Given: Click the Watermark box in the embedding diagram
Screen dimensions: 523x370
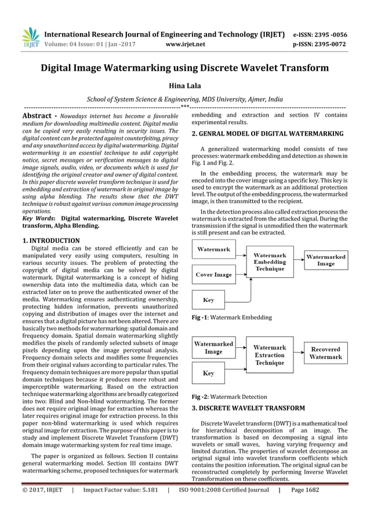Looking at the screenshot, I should pos(214,250).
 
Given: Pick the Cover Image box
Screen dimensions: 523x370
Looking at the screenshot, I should pos(214,275).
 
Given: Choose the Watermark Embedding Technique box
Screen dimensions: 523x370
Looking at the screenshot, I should pos(270,262).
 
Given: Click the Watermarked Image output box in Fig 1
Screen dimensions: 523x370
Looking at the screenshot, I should pos(325,260).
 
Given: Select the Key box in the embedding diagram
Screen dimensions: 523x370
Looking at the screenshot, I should pos(209,300).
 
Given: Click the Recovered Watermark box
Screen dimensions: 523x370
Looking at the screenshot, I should pos(325,353).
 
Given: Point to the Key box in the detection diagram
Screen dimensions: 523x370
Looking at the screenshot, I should pos(209,373).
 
